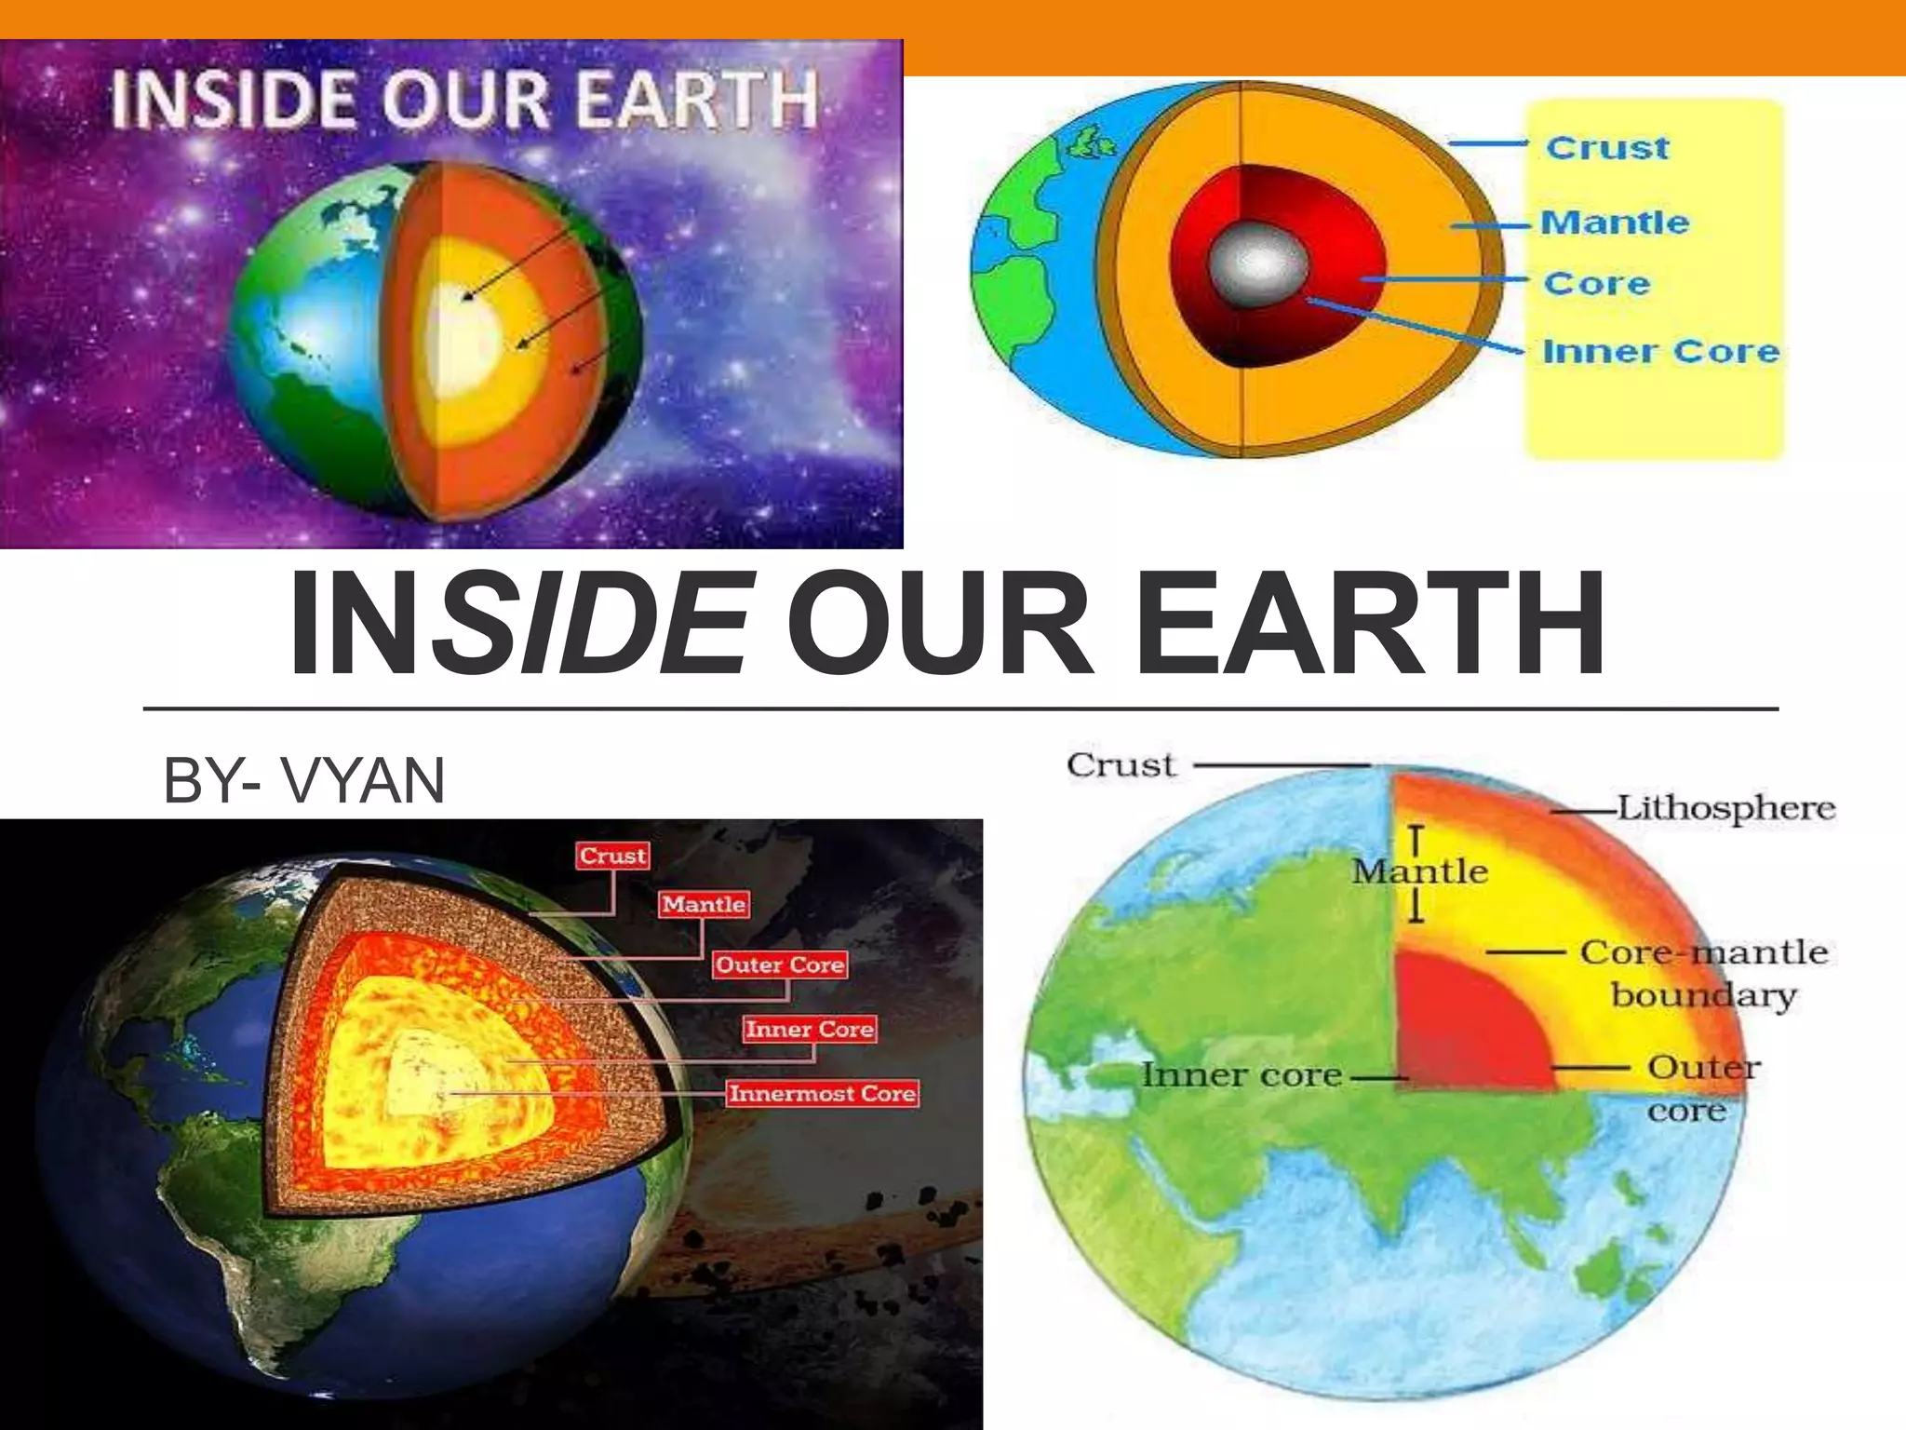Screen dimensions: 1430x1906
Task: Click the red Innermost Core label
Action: [823, 1093]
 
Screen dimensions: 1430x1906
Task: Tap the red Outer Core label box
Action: [780, 965]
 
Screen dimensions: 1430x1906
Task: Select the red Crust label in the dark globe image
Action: [612, 856]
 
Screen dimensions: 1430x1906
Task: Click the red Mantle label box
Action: [704, 904]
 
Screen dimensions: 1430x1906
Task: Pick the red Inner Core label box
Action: [809, 1029]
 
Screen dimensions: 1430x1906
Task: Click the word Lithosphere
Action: [1726, 807]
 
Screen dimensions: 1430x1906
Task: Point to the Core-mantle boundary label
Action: [1704, 973]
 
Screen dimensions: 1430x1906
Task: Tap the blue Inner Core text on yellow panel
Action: [1661, 351]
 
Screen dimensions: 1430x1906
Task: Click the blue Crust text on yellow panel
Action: [1607, 148]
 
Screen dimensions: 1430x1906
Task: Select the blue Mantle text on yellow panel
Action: [1615, 223]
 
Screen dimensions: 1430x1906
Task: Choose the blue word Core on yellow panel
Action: [1597, 283]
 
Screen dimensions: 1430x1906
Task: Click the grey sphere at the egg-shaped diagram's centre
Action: [1257, 265]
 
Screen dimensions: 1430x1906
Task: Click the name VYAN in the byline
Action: [364, 780]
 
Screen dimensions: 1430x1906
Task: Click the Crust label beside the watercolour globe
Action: [1121, 765]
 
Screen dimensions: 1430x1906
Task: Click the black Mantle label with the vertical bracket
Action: [1420, 871]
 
